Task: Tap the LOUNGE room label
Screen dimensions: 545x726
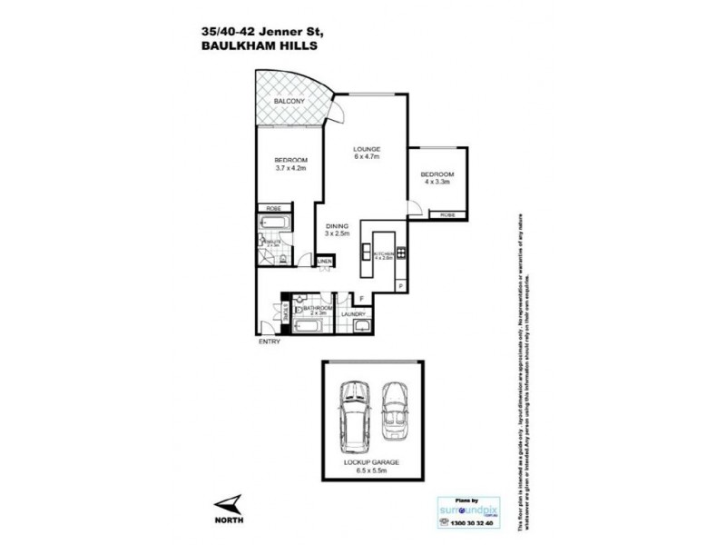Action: tap(367, 149)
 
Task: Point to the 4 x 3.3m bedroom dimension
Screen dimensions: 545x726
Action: tap(437, 183)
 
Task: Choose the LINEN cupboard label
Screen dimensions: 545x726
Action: tap(324, 263)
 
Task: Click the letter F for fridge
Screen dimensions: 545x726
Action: tap(361, 298)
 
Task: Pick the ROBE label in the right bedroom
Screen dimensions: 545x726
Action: tap(447, 215)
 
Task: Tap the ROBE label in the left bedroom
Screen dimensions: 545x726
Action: tap(272, 208)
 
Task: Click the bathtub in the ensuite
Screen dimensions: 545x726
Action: tap(273, 223)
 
